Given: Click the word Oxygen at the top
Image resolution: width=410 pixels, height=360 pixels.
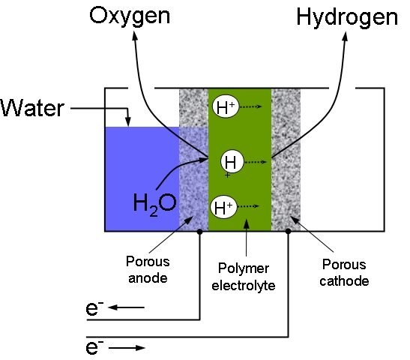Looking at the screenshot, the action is pyautogui.click(x=130, y=17).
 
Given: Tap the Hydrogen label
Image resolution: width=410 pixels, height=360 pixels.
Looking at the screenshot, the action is pyautogui.click(x=347, y=18).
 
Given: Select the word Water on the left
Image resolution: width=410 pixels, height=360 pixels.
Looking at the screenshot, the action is pyautogui.click(x=32, y=108).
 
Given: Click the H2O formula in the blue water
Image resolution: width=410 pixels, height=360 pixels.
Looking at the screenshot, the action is pyautogui.click(x=154, y=204).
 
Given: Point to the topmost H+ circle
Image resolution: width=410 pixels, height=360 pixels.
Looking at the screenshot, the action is pyautogui.click(x=226, y=106).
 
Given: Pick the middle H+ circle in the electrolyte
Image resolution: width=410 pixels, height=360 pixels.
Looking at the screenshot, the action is pyautogui.click(x=232, y=162).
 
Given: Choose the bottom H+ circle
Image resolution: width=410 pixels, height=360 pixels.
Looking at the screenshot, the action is pyautogui.click(x=224, y=208).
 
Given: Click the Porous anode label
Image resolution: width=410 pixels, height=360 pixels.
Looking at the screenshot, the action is pyautogui.click(x=148, y=269).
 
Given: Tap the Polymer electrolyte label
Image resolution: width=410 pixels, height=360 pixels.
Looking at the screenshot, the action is pyautogui.click(x=243, y=277).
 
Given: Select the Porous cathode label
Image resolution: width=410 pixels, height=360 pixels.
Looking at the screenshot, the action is pyautogui.click(x=344, y=272).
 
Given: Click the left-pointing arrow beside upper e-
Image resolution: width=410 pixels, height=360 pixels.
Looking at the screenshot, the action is pyautogui.click(x=126, y=307).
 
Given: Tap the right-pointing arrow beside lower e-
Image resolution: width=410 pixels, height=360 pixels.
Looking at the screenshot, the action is pyautogui.click(x=127, y=348).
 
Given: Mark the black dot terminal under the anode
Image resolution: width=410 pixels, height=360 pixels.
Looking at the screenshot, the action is pyautogui.click(x=200, y=232).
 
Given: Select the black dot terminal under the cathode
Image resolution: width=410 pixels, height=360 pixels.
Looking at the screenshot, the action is pyautogui.click(x=288, y=231).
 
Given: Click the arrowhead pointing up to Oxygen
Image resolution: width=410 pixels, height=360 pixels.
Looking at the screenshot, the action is pyautogui.click(x=135, y=36).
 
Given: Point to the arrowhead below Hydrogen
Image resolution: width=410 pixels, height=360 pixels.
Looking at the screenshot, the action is pyautogui.click(x=345, y=36).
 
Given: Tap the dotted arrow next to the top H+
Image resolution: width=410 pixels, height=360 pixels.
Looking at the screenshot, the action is pyautogui.click(x=251, y=106).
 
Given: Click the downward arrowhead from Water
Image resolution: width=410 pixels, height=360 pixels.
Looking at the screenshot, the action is pyautogui.click(x=128, y=122).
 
